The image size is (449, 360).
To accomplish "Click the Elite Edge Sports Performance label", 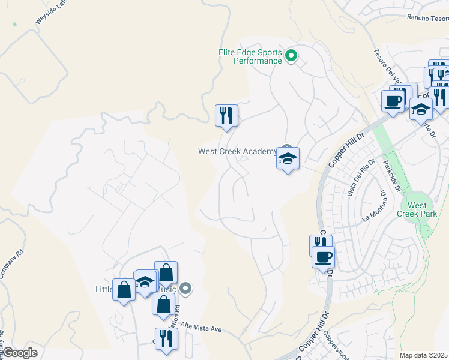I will [x=250, y=56].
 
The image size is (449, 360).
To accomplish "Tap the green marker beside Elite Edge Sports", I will [x=291, y=57].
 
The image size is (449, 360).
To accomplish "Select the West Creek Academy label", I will [x=238, y=151].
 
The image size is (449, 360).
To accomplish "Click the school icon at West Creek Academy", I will [x=288, y=159].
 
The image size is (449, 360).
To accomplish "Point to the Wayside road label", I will [x=49, y=13].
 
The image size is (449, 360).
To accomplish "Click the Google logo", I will [x=20, y=353].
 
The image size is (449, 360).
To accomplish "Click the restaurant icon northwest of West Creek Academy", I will [x=226, y=115].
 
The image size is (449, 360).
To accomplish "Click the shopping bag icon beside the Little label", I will [x=124, y=290].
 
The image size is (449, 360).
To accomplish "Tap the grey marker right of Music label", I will [x=186, y=289].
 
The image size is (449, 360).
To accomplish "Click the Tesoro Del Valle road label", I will [x=386, y=67].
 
